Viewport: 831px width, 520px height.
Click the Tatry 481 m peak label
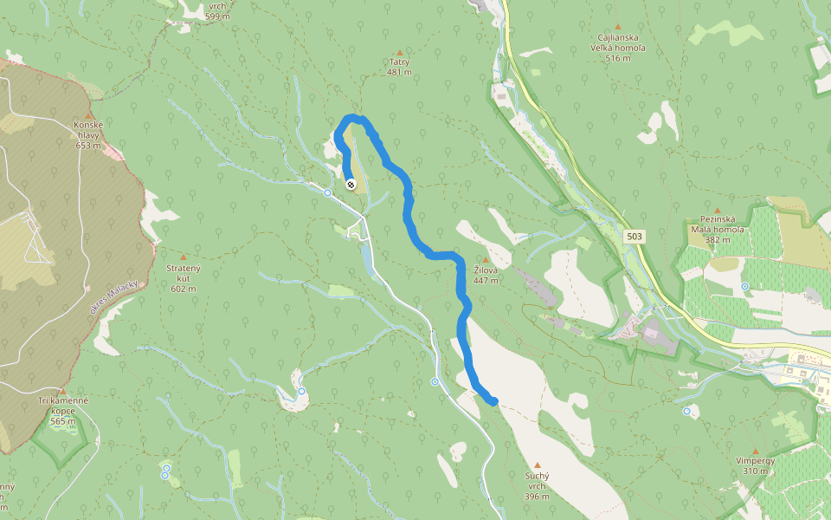pos(399,67)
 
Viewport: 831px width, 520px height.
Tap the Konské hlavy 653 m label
pos(88,134)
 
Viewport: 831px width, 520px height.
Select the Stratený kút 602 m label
pos(183,278)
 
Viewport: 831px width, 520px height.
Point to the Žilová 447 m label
pos(485,276)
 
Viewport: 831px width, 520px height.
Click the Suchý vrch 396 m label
pos(538,485)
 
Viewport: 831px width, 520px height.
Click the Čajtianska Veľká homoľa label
pos(618,42)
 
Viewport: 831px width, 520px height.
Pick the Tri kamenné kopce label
pos(62,412)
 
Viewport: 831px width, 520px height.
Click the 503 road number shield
pos(635,236)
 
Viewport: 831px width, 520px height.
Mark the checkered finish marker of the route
pos(351,184)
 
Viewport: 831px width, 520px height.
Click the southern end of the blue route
pos(493,400)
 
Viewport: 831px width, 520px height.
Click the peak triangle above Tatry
pos(399,52)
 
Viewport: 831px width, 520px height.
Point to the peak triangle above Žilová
pos(485,259)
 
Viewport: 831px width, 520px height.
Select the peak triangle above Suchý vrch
pos(538,465)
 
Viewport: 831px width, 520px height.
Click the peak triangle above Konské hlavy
pos(88,114)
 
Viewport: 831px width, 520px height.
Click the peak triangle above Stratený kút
pos(183,257)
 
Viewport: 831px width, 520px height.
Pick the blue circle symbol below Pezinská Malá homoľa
pos(744,286)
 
